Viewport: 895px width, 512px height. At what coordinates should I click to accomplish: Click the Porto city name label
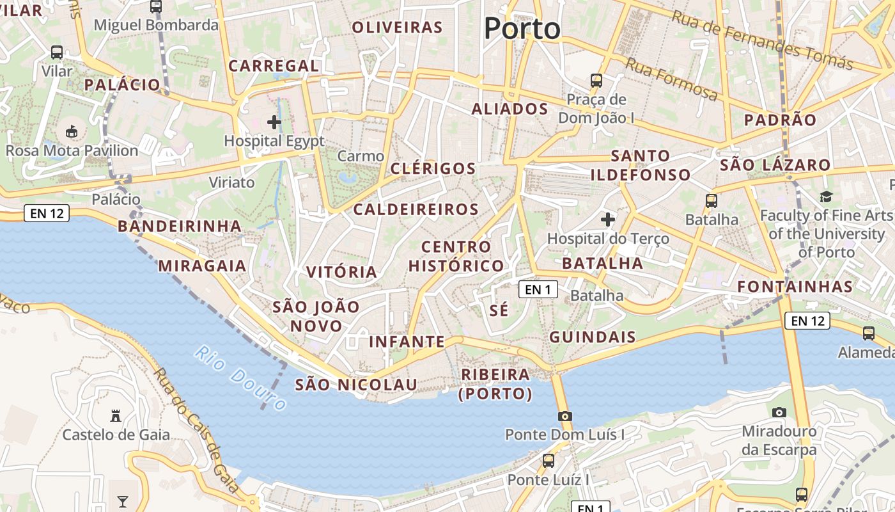tap(522, 29)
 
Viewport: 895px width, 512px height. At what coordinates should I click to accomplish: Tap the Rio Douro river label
tap(240, 378)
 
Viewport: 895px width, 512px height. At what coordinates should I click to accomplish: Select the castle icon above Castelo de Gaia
tap(116, 416)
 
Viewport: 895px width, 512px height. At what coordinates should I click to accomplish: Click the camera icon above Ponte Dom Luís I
tap(564, 416)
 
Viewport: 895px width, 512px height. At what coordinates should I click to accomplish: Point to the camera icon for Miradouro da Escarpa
tap(779, 412)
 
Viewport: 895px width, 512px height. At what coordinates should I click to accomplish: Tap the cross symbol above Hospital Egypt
tap(274, 122)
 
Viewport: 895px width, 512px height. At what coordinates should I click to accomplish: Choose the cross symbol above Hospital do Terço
tap(608, 220)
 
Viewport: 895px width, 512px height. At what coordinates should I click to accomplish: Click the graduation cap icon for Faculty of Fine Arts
tap(827, 196)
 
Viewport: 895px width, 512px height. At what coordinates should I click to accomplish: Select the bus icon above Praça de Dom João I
tap(596, 81)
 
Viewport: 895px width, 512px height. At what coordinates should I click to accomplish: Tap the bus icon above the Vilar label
tap(57, 52)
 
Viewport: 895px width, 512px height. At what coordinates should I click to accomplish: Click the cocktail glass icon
tap(123, 501)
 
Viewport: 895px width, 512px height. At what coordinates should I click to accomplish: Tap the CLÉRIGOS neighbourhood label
tap(433, 169)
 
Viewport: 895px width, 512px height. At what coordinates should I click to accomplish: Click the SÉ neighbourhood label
tap(499, 311)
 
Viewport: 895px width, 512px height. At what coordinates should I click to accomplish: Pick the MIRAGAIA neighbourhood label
tap(202, 266)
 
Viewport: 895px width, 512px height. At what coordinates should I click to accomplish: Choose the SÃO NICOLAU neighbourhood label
tap(356, 385)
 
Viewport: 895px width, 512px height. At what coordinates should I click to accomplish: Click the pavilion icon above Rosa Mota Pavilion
tap(72, 132)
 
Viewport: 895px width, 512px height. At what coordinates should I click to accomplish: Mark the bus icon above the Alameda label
tap(868, 333)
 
